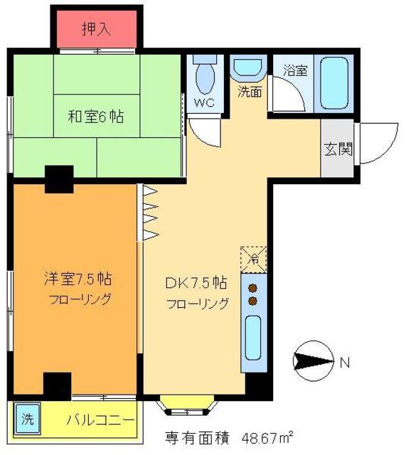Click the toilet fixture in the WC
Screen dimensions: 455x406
205,77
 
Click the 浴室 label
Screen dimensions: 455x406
294,70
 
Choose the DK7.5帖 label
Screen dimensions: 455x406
197,282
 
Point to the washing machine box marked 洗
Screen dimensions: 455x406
27,419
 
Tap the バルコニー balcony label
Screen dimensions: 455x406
100,419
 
